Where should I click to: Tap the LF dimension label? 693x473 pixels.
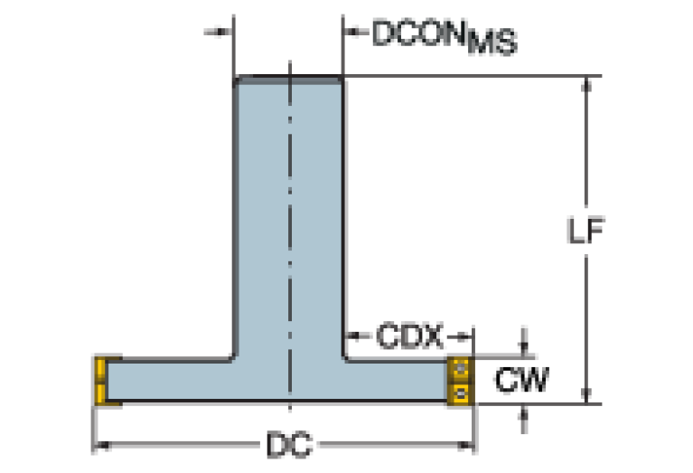(585, 231)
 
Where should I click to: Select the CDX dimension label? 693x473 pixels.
(409, 336)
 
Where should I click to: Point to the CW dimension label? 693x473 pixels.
(521, 379)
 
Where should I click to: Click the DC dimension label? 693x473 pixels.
(289, 445)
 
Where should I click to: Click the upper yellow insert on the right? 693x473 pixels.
(460, 369)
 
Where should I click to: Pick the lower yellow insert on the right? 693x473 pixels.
(460, 393)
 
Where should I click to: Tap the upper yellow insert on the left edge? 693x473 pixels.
(101, 369)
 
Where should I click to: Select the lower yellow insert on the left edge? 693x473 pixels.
(101, 393)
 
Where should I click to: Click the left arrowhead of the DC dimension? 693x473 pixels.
(102, 445)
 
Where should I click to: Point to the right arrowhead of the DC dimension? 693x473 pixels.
(465, 445)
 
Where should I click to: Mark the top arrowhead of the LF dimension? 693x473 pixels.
(586, 84)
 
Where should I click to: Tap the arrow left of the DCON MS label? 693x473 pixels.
(356, 32)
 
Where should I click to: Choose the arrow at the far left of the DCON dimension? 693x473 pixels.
(219, 32)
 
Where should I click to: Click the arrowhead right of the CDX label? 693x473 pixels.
(460, 336)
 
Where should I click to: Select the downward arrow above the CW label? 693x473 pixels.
(524, 343)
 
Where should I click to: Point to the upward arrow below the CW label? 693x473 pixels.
(524, 420)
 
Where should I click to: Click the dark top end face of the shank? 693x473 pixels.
(288, 80)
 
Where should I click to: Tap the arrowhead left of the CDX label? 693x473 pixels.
(357, 336)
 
